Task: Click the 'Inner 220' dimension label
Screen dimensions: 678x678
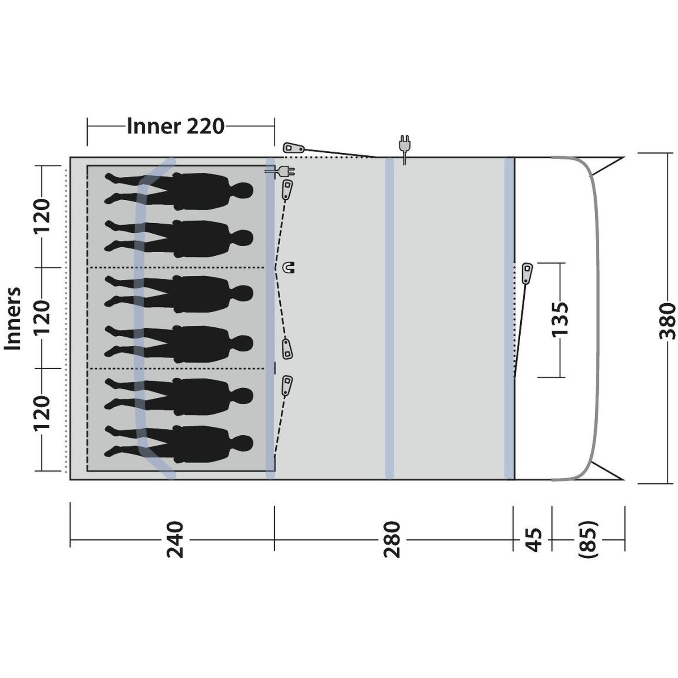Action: point(175,127)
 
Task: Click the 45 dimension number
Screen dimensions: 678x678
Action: point(534,540)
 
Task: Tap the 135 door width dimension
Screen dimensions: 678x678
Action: point(560,319)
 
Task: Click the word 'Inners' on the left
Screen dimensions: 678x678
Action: point(13,318)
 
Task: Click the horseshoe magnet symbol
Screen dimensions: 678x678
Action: point(288,268)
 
